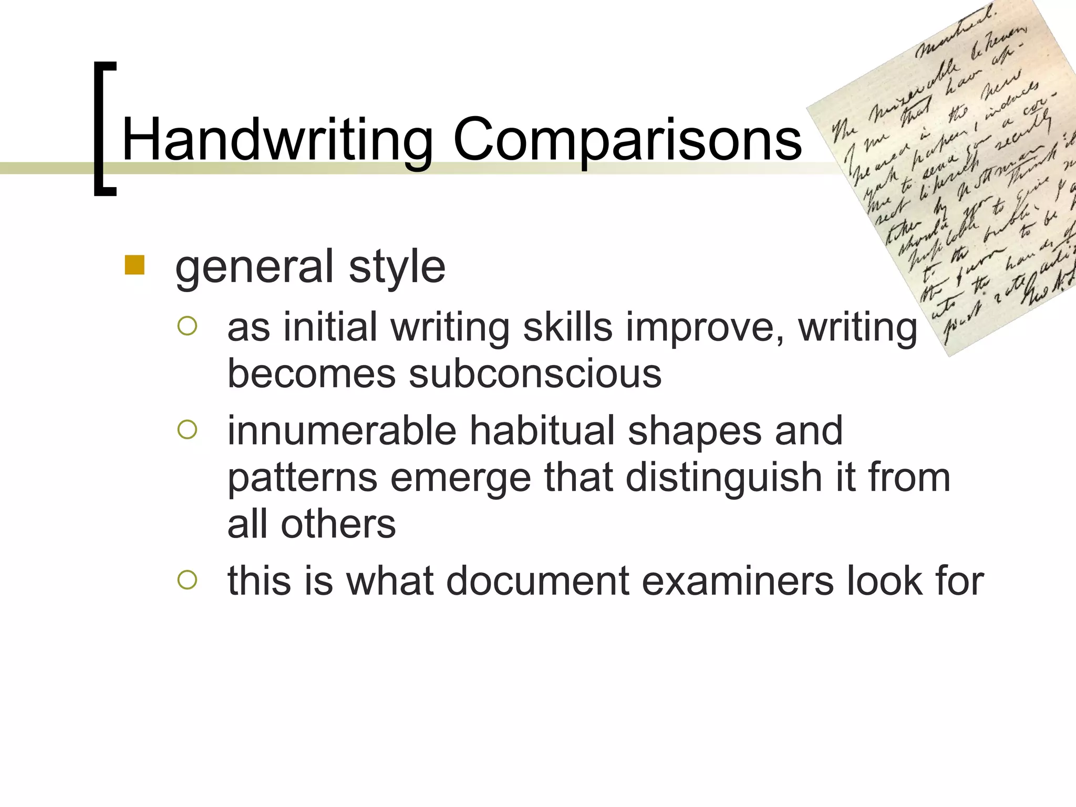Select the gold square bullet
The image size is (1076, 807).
[x=134, y=265]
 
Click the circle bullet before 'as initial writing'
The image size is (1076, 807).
[x=187, y=326]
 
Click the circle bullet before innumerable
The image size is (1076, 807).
[x=187, y=430]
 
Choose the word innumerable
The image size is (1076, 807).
[x=342, y=431]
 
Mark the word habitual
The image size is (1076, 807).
[x=542, y=431]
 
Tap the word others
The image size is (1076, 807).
[x=338, y=524]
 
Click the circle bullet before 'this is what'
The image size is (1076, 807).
[x=187, y=580]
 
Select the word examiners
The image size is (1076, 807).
[x=738, y=581]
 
